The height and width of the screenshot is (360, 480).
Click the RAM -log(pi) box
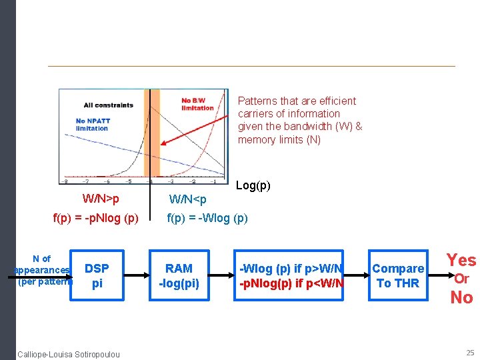point(179,275)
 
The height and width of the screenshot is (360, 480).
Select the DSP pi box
point(97,275)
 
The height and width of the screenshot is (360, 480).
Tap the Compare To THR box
point(398,275)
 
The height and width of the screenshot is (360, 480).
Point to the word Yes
point(461,260)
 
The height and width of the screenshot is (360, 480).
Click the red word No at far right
point(461,297)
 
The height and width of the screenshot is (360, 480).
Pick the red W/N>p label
point(101,199)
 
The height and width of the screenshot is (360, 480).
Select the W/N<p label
point(188,199)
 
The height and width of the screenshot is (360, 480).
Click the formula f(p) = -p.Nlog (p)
point(95,217)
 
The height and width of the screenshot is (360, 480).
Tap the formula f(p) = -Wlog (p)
point(207,217)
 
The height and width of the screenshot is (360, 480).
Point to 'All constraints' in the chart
point(107,105)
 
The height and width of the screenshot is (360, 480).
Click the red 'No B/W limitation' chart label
point(197,104)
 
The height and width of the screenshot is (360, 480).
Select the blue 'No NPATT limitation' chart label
point(91,125)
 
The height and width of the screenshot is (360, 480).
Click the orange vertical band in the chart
point(147,133)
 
